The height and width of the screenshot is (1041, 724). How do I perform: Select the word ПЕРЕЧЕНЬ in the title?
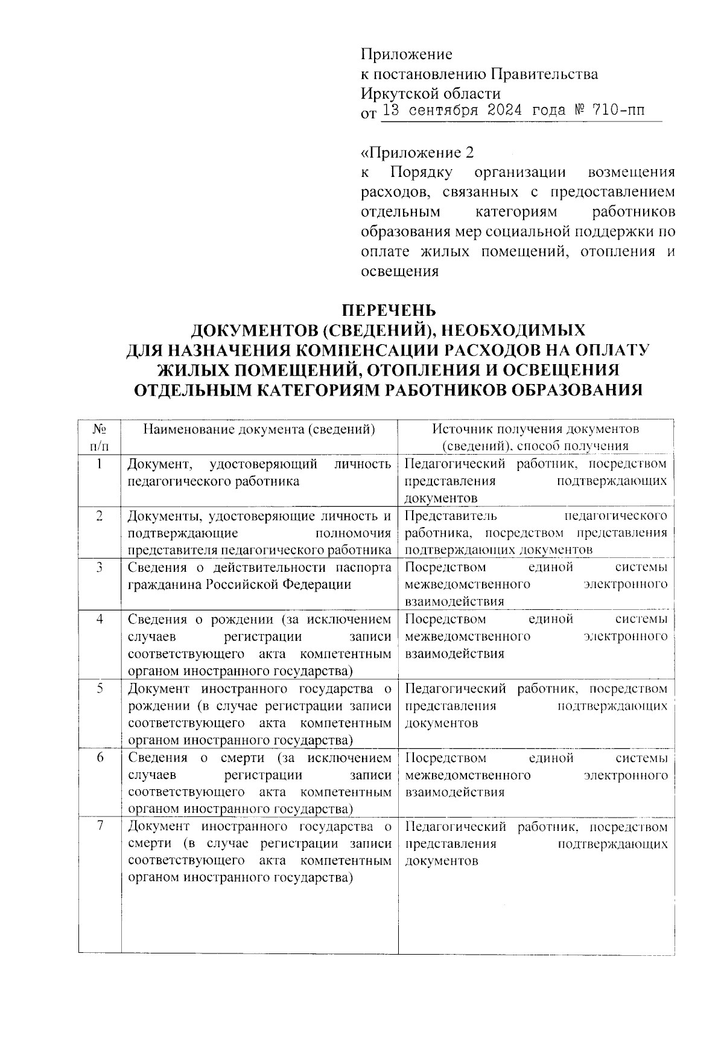[x=389, y=311]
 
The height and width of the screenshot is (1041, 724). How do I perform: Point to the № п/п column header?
[x=100, y=437]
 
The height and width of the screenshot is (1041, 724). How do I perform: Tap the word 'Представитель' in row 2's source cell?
[x=450, y=516]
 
